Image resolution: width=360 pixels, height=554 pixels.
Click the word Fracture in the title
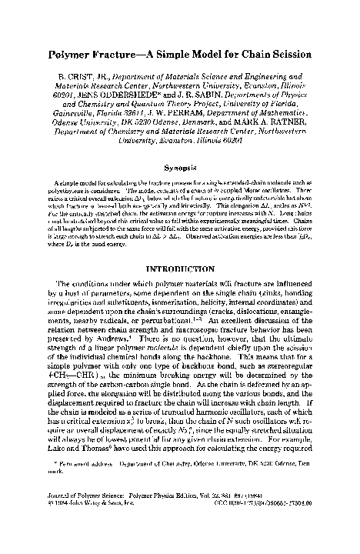point(114,57)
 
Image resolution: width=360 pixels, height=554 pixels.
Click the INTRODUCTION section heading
point(179,265)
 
